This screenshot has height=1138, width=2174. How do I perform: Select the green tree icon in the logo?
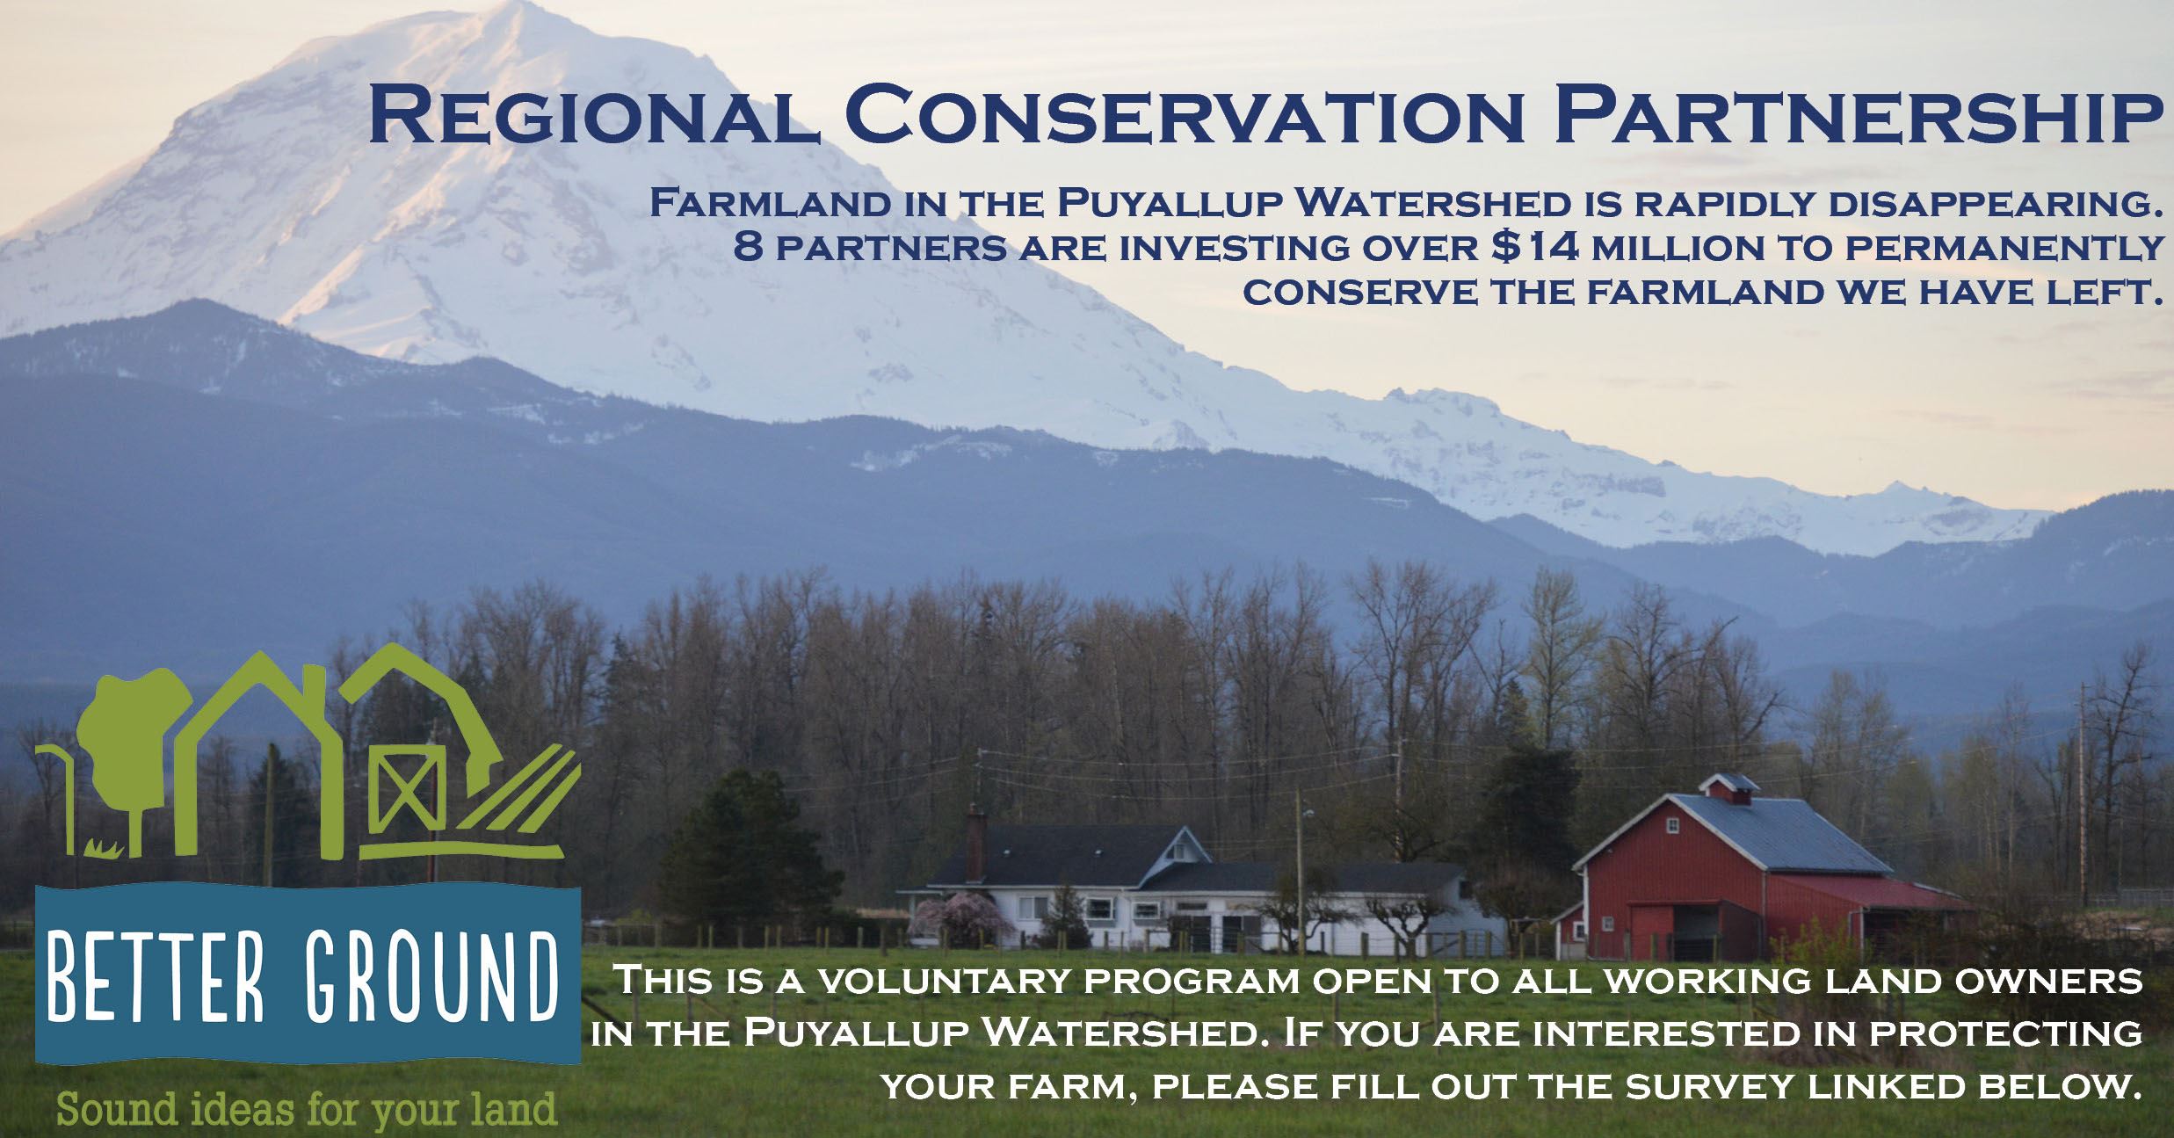pos(136,747)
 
